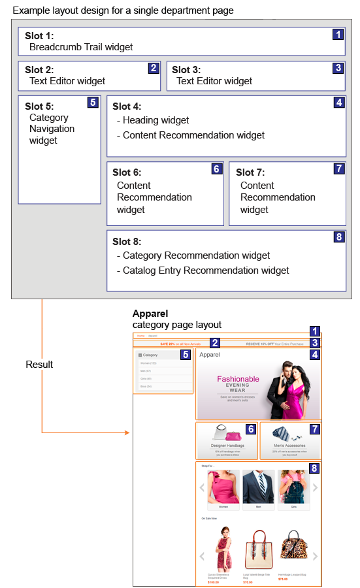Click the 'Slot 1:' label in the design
point(39,35)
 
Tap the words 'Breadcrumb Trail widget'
point(81,47)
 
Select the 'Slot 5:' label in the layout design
point(39,106)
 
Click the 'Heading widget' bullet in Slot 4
point(155,120)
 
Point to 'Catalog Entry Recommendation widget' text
point(206,270)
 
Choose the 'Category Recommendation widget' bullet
point(196,255)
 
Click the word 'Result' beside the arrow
point(40,364)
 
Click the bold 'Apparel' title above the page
point(150,314)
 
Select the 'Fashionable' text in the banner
point(238,379)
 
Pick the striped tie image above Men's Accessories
point(286,433)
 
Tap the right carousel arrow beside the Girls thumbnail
point(315,487)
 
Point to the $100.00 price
point(214,581)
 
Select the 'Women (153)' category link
point(150,363)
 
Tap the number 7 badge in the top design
point(338,169)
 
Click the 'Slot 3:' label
point(186,69)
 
